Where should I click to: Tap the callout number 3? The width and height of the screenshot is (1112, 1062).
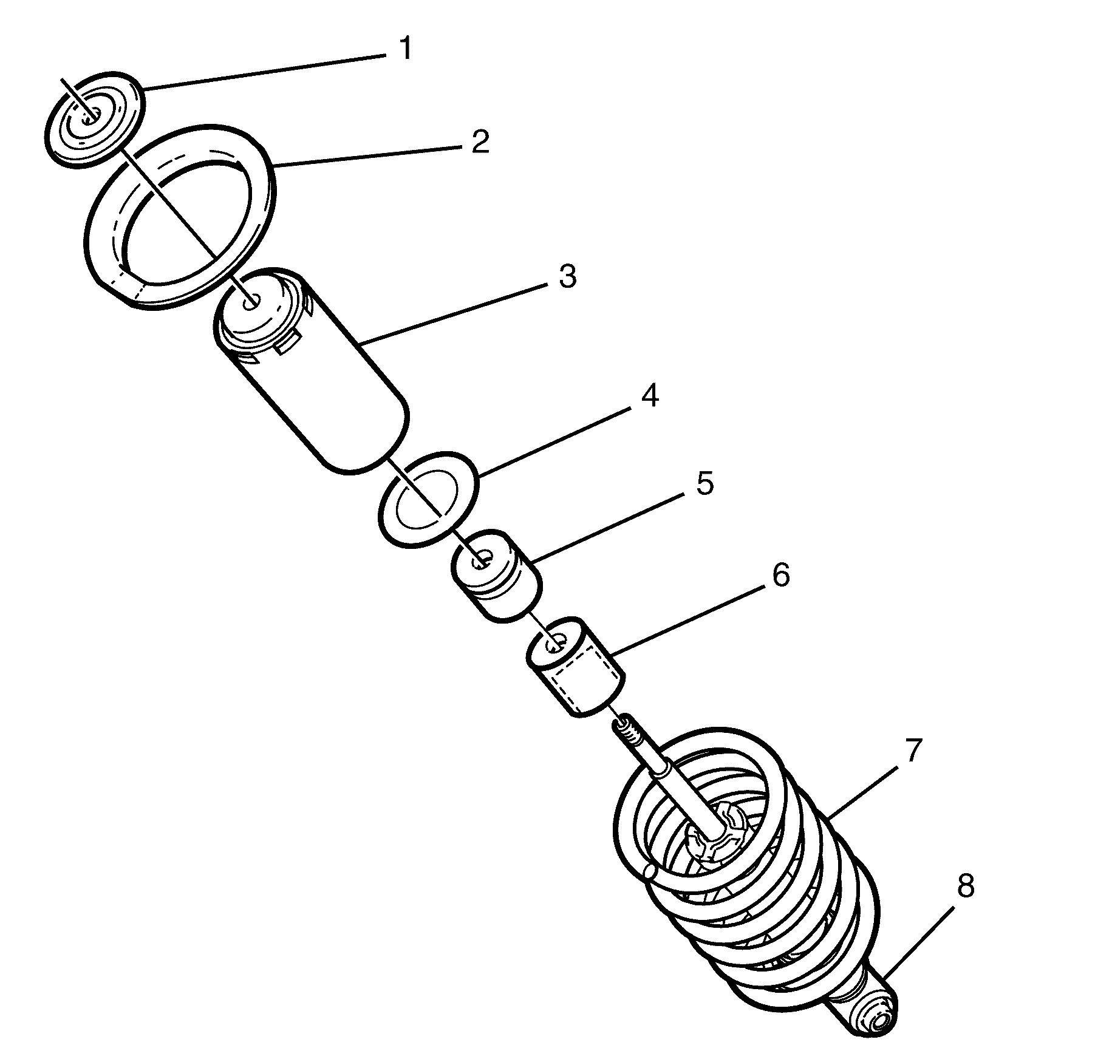point(566,277)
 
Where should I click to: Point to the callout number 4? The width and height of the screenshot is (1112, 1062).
point(649,396)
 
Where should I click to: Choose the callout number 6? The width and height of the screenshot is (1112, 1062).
point(780,574)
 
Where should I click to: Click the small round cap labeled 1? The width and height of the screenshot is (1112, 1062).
point(94,118)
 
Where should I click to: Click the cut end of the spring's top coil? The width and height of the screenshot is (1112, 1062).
point(648,873)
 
